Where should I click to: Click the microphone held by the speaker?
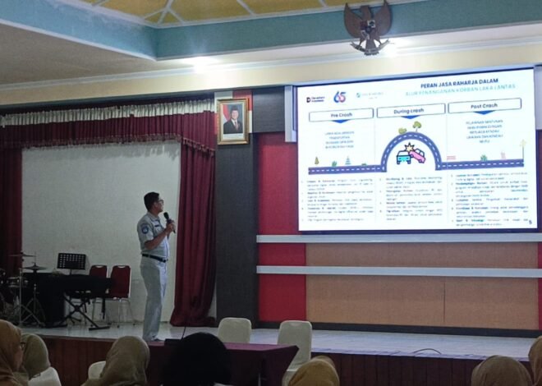pos(167,218)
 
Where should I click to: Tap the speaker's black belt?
pos(154,258)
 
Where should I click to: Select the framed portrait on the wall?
pos(232,121)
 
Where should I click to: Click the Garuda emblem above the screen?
pos(367,28)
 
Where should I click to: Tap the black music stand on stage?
pos(71,261)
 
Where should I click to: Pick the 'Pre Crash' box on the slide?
pos(341,115)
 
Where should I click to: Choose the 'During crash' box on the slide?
pos(411,110)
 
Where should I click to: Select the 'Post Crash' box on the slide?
pos(484,105)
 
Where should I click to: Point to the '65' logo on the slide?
pos(339,97)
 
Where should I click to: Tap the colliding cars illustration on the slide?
pos(411,155)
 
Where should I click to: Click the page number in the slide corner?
pos(530,221)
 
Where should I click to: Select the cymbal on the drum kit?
pos(34,268)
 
